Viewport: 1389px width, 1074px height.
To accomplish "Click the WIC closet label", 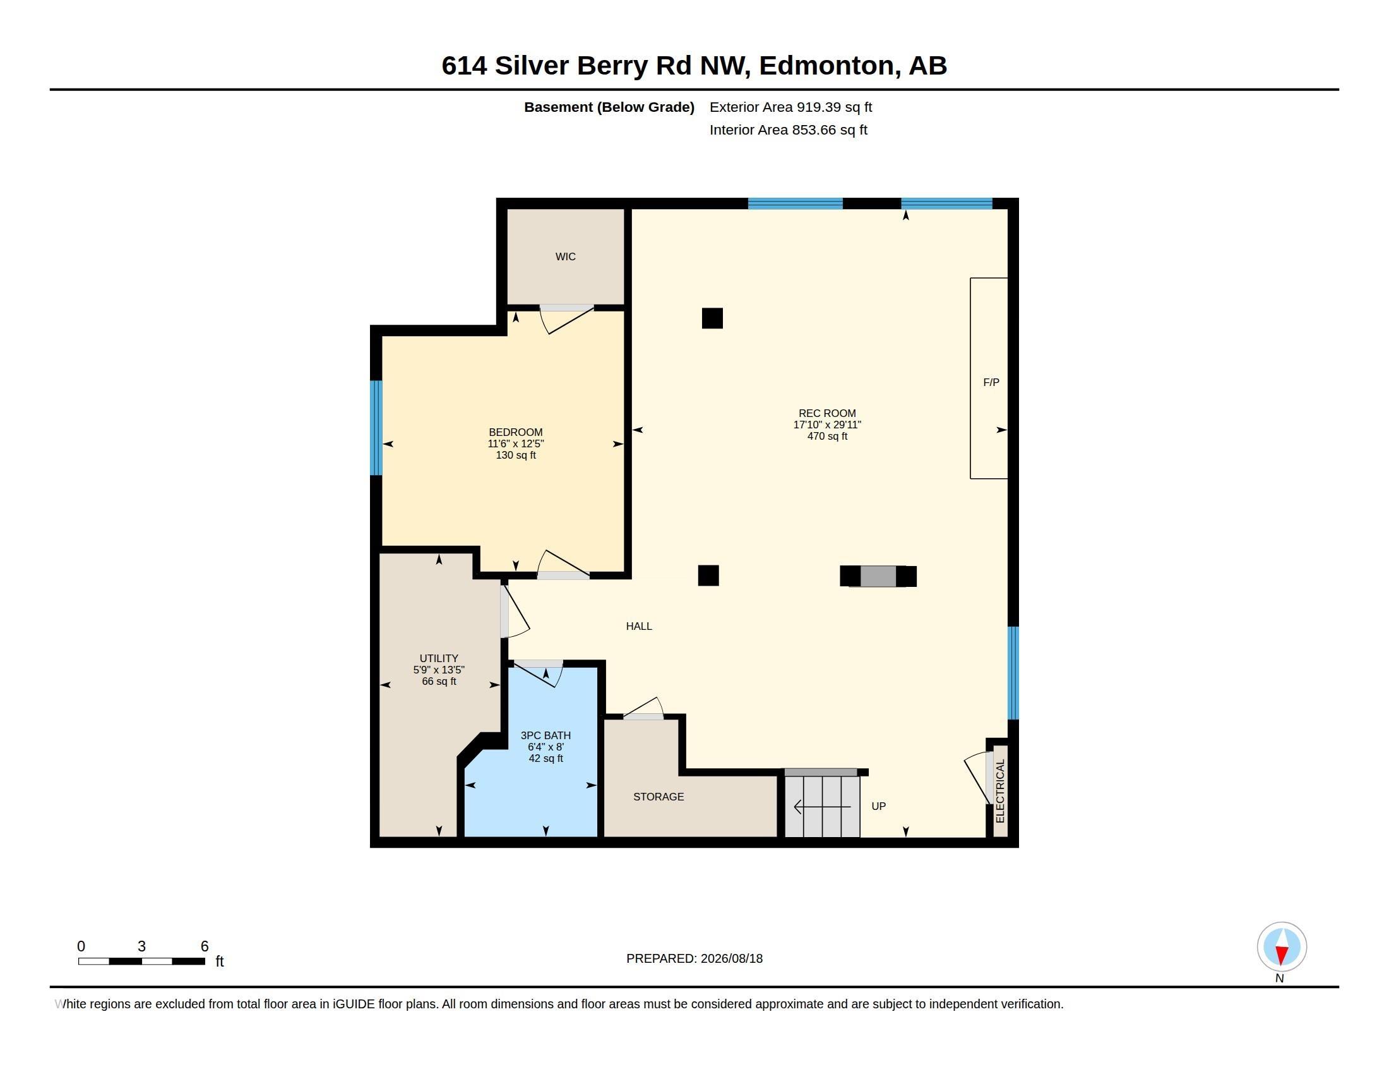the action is click(x=566, y=256).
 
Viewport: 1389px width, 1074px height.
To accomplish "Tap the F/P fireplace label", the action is click(x=991, y=382).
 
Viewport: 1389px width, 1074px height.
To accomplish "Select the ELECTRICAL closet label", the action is click(x=1000, y=791).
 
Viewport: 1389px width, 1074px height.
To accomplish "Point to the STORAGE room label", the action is click(x=659, y=797).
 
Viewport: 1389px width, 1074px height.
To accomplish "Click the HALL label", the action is click(x=638, y=626).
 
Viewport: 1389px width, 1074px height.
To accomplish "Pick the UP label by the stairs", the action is click(x=878, y=806).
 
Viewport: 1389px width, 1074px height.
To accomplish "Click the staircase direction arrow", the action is click(x=822, y=807).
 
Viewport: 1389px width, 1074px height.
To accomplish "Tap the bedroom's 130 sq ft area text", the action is click(x=515, y=456).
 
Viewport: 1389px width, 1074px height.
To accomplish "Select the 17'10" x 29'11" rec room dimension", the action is click(x=827, y=425).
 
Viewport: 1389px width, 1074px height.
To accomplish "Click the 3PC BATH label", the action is click(x=545, y=735).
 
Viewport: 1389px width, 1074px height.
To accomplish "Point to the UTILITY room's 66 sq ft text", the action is click(x=439, y=682).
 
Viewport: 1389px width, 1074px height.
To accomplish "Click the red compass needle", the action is click(x=1282, y=955).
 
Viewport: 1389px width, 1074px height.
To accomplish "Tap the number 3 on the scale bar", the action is click(x=141, y=946).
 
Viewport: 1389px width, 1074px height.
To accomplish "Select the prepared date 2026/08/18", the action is click(x=731, y=958).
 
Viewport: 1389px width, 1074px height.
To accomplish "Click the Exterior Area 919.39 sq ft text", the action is click(x=790, y=107).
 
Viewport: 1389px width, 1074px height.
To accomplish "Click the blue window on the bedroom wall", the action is click(x=376, y=428).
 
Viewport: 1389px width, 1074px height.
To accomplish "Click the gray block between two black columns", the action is click(x=878, y=576).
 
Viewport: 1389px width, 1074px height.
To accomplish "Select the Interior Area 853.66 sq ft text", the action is click(x=788, y=130).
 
